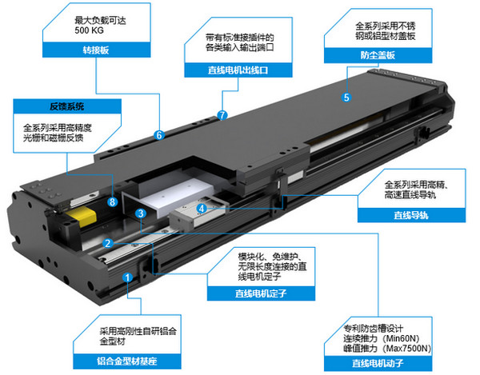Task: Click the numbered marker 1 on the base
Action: point(127,277)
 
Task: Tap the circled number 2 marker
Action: point(108,244)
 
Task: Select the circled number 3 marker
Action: point(141,213)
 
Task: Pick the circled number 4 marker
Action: point(202,209)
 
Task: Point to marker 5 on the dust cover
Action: point(346,98)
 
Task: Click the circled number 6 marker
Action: point(159,135)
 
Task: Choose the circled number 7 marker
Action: point(222,115)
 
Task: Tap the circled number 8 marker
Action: point(113,201)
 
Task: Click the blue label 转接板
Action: point(96,50)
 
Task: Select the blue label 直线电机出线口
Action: point(238,70)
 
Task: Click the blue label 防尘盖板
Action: point(378,55)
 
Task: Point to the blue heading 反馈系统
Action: point(67,106)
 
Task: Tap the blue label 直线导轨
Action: point(411,215)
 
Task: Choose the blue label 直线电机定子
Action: point(261,293)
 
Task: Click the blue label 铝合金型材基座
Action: point(127,361)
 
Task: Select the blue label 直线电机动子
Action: point(378,363)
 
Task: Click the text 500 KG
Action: point(89,30)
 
